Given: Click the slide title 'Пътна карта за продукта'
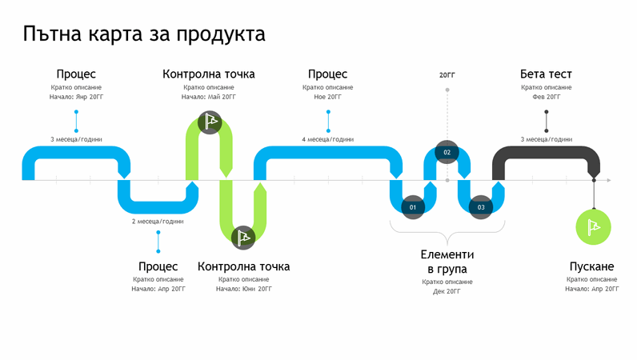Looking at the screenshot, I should (x=144, y=34).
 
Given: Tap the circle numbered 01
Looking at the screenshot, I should (x=413, y=207).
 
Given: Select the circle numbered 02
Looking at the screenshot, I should (x=447, y=152).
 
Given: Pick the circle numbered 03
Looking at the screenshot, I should (x=480, y=207).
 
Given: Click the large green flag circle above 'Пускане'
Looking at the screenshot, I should (x=593, y=228).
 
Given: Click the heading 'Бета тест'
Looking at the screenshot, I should (x=546, y=74).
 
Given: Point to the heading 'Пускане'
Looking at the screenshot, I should (x=592, y=266).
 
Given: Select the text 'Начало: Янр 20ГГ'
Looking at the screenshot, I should (x=77, y=97).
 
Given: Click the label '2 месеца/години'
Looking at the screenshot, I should (x=158, y=221).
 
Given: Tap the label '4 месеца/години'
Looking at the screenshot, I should (x=327, y=139).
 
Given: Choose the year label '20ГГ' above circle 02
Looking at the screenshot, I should (x=447, y=75).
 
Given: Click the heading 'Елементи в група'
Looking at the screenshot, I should (x=447, y=262).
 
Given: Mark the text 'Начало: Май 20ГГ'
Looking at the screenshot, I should (x=209, y=97).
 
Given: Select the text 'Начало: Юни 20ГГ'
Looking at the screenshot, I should (x=244, y=289).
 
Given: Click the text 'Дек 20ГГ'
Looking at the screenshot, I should (x=447, y=291).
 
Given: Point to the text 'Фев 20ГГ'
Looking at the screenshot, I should (x=546, y=97).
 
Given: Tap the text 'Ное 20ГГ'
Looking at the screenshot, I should (x=327, y=97).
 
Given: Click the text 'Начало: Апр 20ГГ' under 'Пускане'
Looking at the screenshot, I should (x=592, y=289).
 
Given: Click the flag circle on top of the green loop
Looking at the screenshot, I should (x=210, y=122).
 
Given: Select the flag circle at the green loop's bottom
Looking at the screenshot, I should (x=243, y=237).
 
